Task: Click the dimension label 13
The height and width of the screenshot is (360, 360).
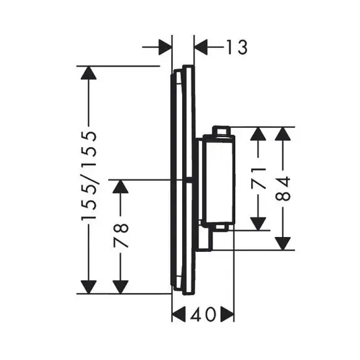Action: (237, 47)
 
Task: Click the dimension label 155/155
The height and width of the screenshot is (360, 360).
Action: (89, 176)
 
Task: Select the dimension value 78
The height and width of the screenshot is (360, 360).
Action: (121, 236)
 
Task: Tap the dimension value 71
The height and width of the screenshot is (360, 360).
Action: (259, 179)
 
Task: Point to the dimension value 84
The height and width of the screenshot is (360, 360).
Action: (283, 189)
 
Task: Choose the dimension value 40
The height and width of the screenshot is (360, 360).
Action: (203, 314)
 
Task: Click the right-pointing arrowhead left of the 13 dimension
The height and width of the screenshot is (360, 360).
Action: (165, 47)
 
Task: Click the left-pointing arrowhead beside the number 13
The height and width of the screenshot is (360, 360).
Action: (201, 47)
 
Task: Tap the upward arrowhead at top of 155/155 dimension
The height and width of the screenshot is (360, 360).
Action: (89, 73)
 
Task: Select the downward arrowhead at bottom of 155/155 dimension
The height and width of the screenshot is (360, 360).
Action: (89, 287)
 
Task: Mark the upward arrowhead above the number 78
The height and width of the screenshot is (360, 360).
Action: (120, 187)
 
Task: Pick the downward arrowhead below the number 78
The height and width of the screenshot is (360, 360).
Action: (120, 287)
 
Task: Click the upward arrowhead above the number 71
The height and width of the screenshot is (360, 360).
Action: (259, 134)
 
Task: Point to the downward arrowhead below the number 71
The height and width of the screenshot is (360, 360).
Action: (259, 224)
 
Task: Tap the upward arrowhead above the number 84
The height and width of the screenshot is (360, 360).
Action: (283, 134)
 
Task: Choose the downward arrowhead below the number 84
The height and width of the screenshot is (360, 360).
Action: (283, 243)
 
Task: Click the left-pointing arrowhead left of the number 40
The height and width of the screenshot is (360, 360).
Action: (179, 314)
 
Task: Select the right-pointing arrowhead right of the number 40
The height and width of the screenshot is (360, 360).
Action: (227, 314)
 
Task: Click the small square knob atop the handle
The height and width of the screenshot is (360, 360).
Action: (222, 131)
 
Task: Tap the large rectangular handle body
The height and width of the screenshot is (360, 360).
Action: (220, 180)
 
